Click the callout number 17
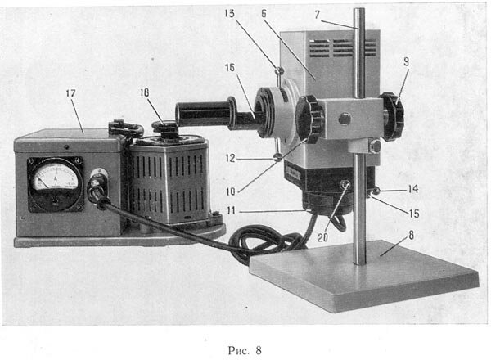[70, 93]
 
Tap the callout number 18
[145, 92]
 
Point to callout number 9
[406, 61]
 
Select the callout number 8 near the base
[411, 235]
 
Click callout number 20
[322, 237]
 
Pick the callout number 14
[413, 189]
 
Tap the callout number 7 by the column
[318, 15]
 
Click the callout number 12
[230, 158]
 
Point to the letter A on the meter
[56, 178]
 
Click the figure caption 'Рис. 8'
[245, 350]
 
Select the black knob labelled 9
[393, 116]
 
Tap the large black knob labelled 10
[309, 119]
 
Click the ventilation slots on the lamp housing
[344, 47]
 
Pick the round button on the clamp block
[345, 118]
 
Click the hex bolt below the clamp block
[375, 146]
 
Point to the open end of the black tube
[182, 114]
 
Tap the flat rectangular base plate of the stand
[365, 275]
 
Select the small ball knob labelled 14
[376, 190]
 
